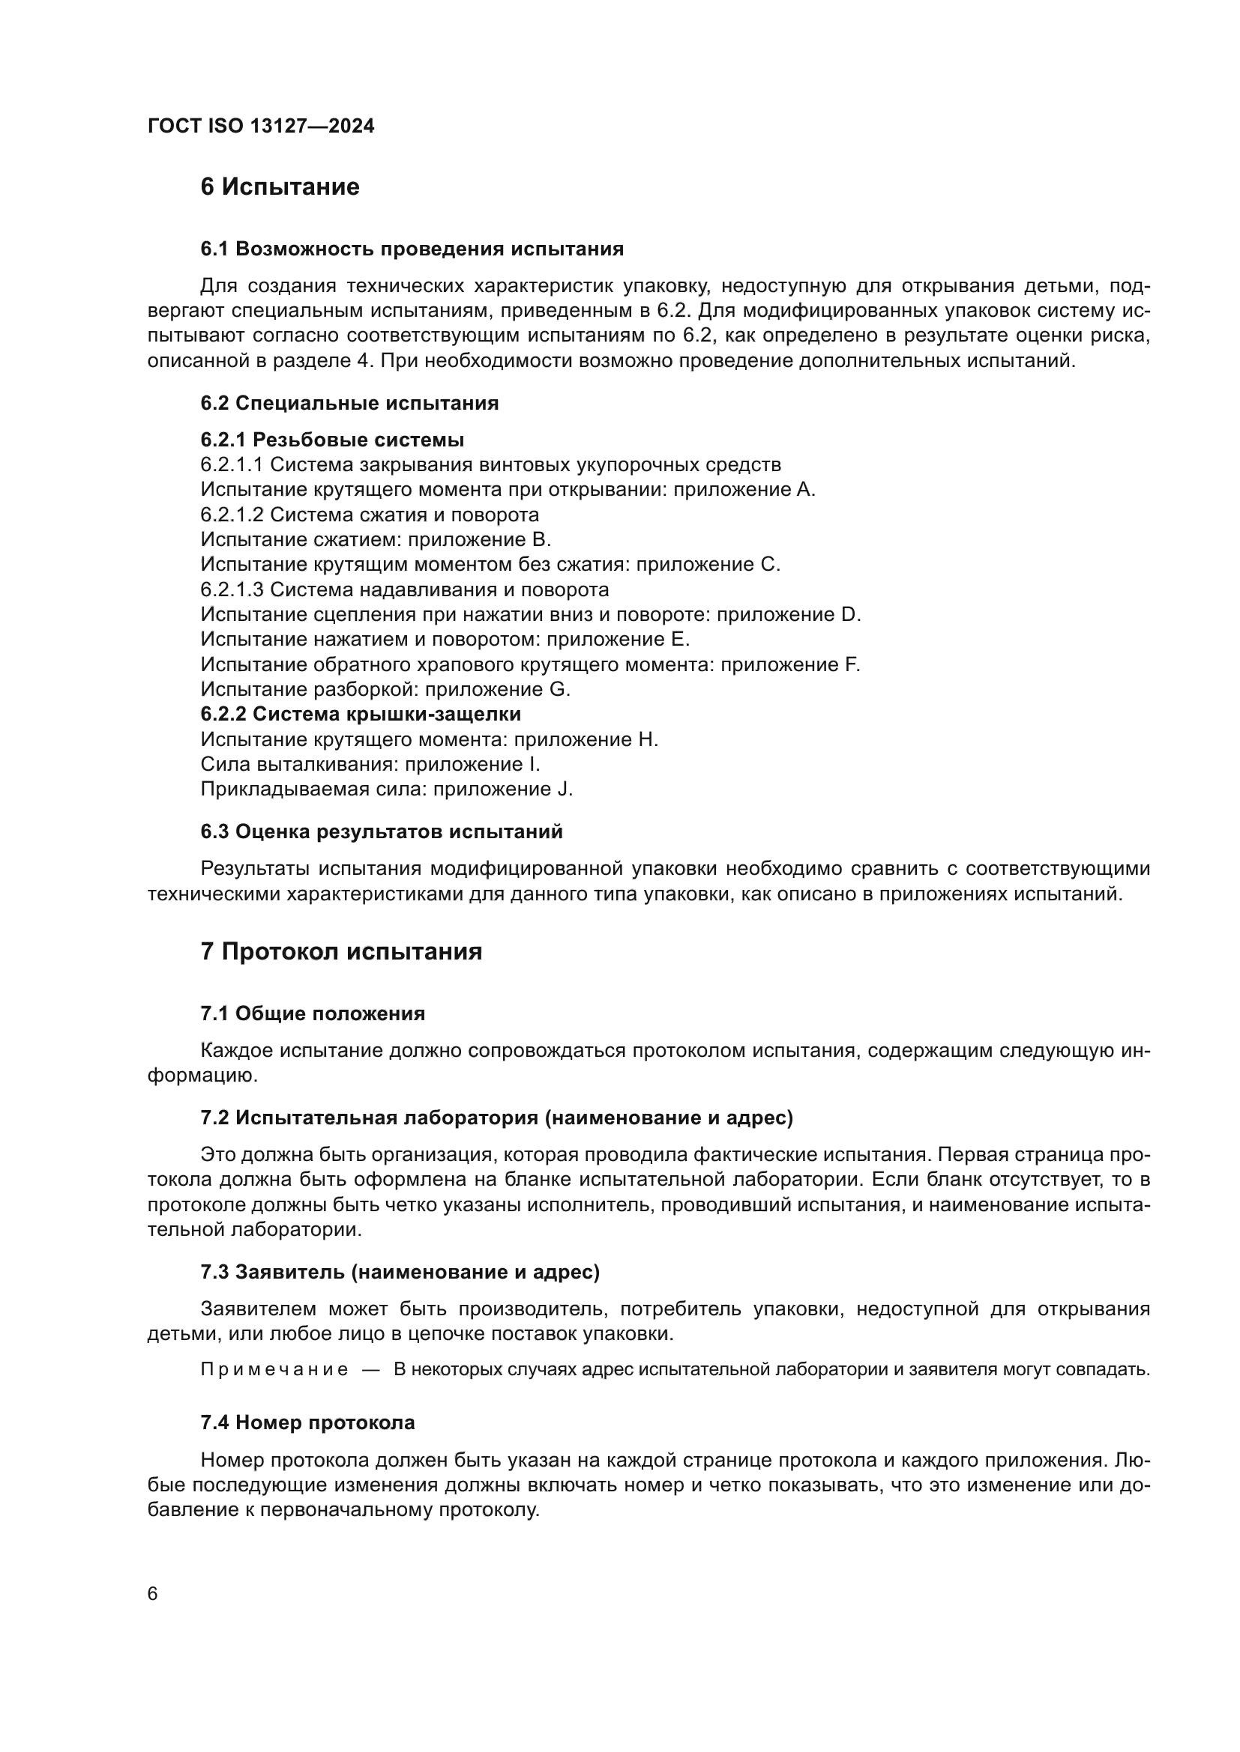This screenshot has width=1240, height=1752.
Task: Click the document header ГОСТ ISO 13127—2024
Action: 260,127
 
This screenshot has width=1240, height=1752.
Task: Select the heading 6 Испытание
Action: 280,187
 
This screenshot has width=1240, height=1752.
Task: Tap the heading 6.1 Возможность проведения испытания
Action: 412,249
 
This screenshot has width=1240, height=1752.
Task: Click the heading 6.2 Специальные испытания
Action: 349,403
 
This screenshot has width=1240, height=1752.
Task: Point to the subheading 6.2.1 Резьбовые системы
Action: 332,440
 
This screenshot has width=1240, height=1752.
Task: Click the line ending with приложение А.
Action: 508,489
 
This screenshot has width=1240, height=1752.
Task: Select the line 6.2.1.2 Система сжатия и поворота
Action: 370,515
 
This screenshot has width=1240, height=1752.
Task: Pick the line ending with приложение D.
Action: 530,614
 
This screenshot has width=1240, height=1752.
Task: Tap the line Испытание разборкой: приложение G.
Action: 385,689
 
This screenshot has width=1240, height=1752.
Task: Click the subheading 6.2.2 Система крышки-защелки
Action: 361,715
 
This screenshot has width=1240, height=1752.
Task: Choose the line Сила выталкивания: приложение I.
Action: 370,764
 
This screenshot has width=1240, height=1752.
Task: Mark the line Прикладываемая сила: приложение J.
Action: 386,789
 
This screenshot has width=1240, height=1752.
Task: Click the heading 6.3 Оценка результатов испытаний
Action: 381,831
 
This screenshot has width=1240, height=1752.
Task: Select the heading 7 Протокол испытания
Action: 340,951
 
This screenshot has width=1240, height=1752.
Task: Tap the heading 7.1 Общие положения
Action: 313,1013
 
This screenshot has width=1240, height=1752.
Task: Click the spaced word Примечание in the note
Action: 274,1370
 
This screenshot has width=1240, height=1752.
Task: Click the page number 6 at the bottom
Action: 153,1594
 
